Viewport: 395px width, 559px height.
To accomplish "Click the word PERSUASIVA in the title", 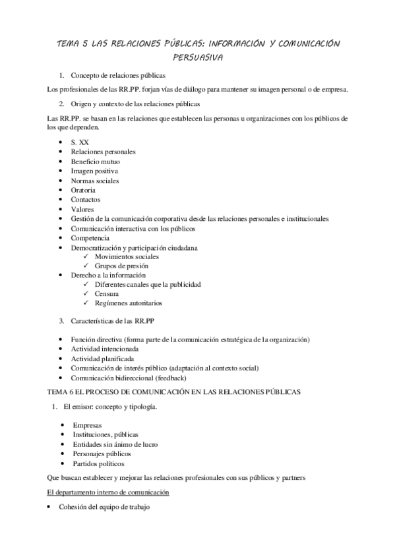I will coord(197,57).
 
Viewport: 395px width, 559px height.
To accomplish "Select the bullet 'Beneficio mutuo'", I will coord(95,162).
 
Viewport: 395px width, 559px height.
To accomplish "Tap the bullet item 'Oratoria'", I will coord(84,190).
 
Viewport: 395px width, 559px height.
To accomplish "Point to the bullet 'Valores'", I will coord(82,209).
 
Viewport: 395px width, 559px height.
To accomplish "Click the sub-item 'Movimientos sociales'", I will coord(127,256).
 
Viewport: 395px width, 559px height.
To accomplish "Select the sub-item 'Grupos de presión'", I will coord(121,266).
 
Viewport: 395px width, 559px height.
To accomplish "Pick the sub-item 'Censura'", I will coord(107,294).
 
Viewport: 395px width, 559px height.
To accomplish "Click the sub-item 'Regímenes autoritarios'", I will coord(129,303).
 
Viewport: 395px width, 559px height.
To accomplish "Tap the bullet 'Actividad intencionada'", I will coord(105,349).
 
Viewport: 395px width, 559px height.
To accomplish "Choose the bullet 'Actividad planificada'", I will coord(102,359).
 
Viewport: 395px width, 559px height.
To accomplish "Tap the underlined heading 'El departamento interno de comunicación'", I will coord(109,492).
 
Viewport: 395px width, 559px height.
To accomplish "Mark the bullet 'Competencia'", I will coord(90,237).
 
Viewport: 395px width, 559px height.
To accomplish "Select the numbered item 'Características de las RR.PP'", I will coord(113,321).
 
